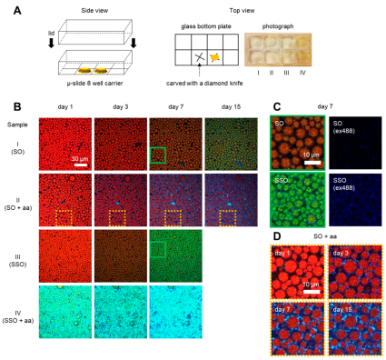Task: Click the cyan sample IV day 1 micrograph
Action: (x=65, y=315)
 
